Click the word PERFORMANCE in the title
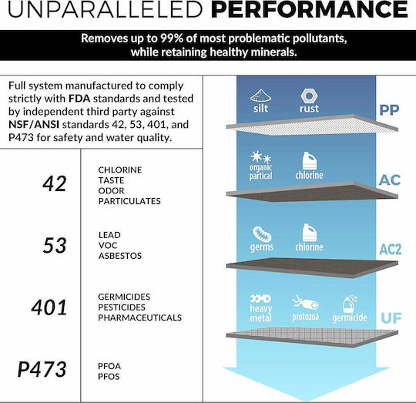pos(310,9)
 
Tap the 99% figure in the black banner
pos(172,39)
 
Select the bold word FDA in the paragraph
pos(79,99)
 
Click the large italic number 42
pos(55,183)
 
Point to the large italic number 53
pos(55,245)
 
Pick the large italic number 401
pos(49,307)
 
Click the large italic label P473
pos(42,369)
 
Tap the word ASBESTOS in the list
pos(120,256)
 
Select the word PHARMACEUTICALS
pos(139,317)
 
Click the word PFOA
pos(109,366)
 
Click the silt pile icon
pos(260,96)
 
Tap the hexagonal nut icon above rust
pos(309,96)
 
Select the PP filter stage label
pos(389,110)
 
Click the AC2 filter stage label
pos(391,250)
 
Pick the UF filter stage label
pos(391,318)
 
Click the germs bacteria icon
pos(262,234)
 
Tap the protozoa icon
pos(305,303)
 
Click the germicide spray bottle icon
pos(350,304)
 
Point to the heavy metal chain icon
pos(260,299)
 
